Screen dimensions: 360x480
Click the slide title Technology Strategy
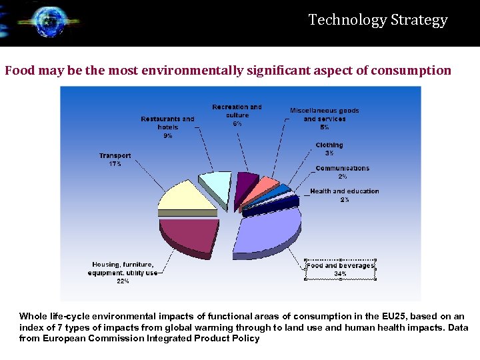378,20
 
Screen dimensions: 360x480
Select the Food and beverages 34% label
340,269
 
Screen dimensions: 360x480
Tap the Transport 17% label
115,159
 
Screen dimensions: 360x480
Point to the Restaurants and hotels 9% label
167,127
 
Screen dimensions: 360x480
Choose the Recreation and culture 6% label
237,115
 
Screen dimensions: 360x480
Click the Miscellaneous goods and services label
324,118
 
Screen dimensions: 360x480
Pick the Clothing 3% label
329,149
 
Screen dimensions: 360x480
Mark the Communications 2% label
342,172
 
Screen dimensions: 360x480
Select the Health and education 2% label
344,195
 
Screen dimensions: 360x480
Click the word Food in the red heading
19,71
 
